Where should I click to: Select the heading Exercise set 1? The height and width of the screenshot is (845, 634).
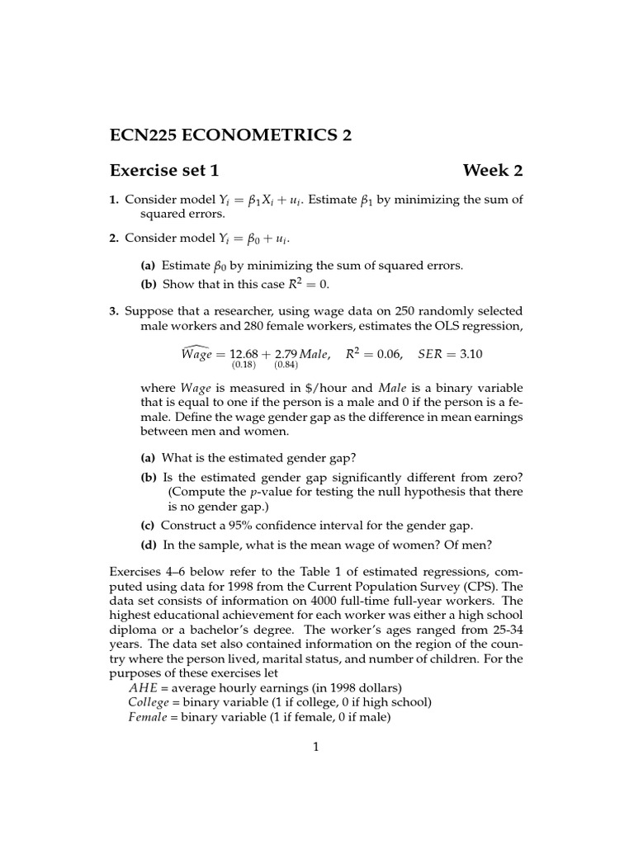164,171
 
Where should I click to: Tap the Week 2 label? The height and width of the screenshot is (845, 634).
492,171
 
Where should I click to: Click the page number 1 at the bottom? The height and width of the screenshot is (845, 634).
315,747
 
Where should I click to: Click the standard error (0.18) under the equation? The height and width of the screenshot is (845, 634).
244,365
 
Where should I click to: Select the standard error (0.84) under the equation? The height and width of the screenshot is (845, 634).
286,365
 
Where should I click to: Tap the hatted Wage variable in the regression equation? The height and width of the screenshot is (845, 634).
196,353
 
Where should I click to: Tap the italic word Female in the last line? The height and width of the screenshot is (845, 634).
148,717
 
